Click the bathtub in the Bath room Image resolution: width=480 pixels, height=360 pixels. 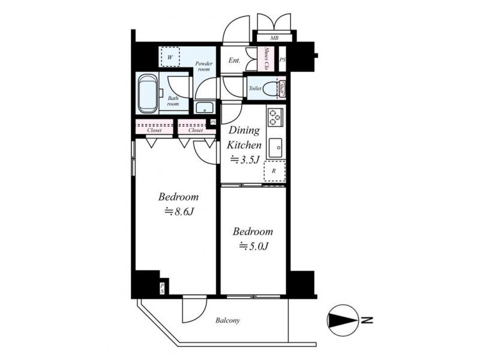(x=148, y=94)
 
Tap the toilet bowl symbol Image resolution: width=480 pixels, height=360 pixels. (x=270, y=88)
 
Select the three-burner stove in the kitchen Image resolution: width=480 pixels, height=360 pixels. (x=274, y=118)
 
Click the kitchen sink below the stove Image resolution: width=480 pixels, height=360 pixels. (x=275, y=148)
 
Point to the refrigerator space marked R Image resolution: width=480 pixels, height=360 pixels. (x=274, y=171)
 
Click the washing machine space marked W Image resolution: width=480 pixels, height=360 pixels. (x=170, y=56)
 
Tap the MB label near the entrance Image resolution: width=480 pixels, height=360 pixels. (x=274, y=38)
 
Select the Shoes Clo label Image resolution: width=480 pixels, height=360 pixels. (x=266, y=59)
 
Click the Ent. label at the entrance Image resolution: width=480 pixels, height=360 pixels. (x=234, y=61)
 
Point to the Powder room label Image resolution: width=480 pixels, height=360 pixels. (x=204, y=67)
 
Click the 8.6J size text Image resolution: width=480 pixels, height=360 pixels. (x=179, y=212)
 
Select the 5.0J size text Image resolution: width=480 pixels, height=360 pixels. (x=254, y=246)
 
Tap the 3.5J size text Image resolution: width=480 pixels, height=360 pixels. (x=245, y=160)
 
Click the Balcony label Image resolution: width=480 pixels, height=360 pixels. (x=227, y=320)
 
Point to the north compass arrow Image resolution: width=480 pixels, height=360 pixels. (x=343, y=320)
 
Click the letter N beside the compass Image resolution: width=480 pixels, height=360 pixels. (x=367, y=320)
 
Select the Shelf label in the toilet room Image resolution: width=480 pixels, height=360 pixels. (x=282, y=89)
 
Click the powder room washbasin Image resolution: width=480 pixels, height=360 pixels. (x=205, y=107)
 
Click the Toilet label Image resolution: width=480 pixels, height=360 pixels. (x=255, y=88)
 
